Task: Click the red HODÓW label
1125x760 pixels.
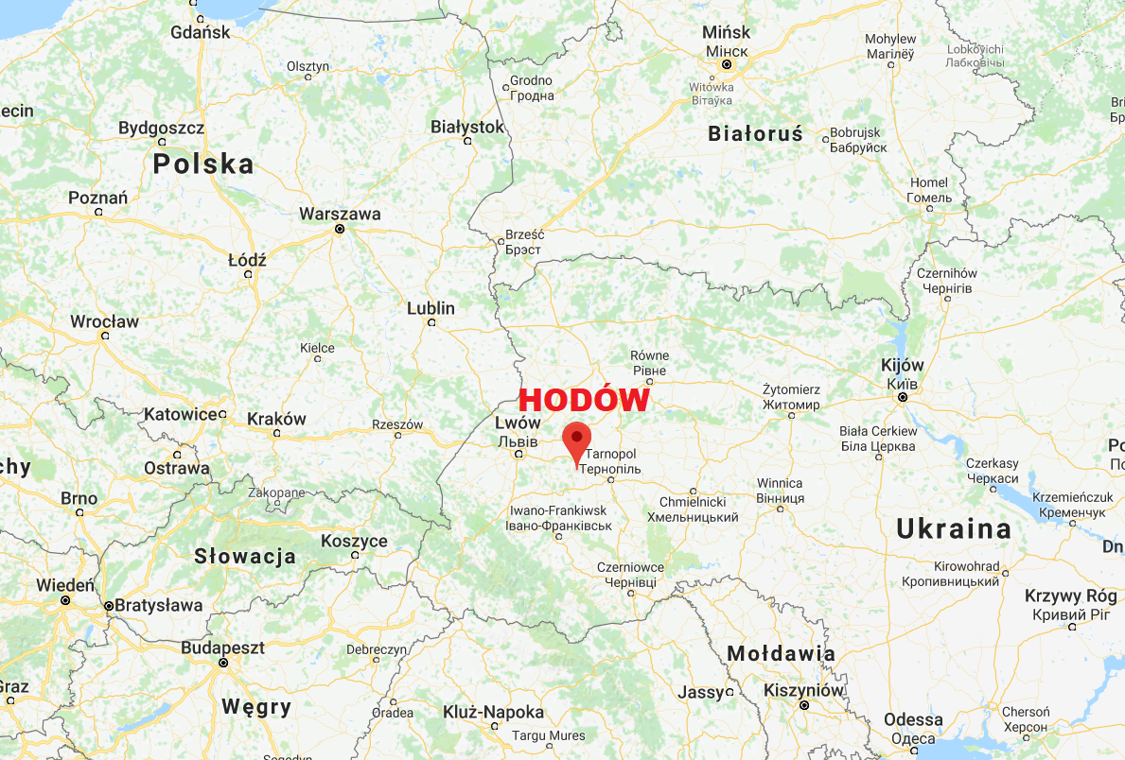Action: coord(584,401)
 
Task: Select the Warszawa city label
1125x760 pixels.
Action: coord(340,215)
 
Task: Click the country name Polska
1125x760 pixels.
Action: coord(203,164)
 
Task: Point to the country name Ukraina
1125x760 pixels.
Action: coord(954,529)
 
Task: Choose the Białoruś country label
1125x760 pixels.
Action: coord(755,134)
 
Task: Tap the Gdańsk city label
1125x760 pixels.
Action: coord(201,32)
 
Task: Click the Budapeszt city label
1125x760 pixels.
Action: coord(223,648)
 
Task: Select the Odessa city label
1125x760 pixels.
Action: coord(913,720)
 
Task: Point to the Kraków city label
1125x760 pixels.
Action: coord(276,419)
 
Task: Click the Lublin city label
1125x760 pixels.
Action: coord(431,308)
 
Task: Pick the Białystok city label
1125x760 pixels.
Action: coord(467,127)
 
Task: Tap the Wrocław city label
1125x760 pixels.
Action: coord(104,321)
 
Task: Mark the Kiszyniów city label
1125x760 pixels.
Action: coord(803,690)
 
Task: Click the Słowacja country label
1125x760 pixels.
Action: coord(245,557)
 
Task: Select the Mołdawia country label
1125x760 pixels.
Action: coord(781,654)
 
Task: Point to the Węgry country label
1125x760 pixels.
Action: coord(255,706)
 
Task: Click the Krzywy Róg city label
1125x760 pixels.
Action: coord(1071,596)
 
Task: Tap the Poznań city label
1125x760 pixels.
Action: coord(97,198)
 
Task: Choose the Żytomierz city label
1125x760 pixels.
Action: coord(791,389)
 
